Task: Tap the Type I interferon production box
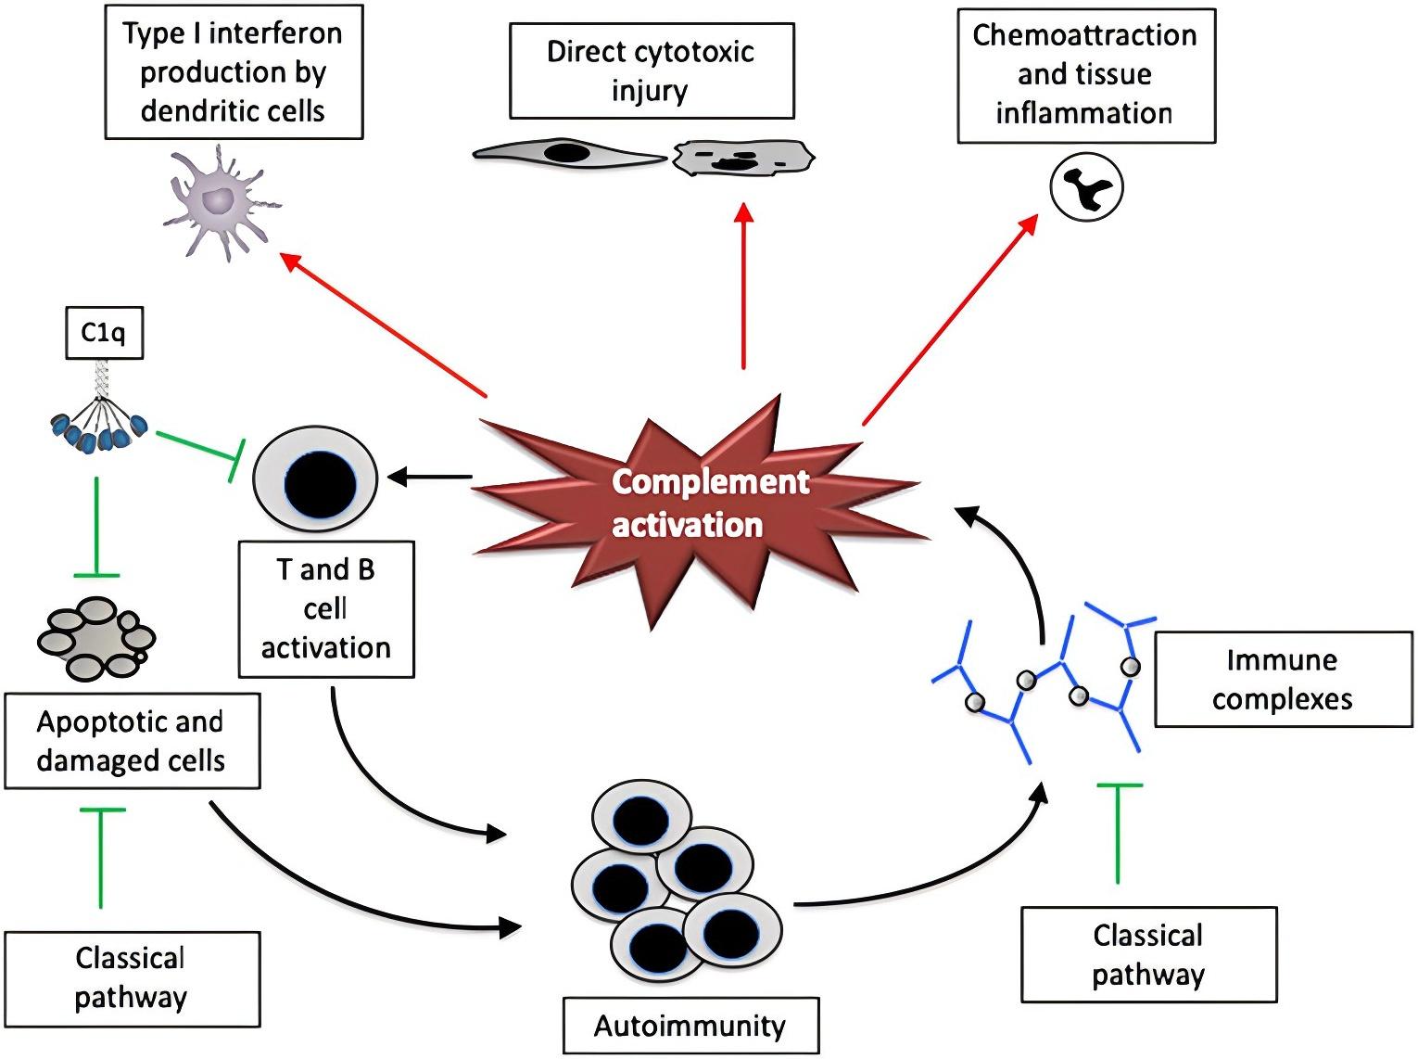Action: [x=234, y=72]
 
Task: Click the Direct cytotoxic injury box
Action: [x=652, y=71]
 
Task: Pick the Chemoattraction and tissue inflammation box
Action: [x=1085, y=75]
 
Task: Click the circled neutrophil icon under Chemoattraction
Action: [x=1086, y=187]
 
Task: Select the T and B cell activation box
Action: [x=325, y=609]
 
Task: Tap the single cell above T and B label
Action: [x=316, y=479]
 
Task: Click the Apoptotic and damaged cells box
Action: [x=132, y=741]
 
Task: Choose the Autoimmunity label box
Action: [x=690, y=1026]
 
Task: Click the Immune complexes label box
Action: [x=1283, y=680]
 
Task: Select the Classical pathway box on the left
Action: [x=132, y=978]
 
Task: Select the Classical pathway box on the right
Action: [x=1148, y=954]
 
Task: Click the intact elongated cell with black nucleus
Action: [x=567, y=154]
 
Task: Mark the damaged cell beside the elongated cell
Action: [x=742, y=158]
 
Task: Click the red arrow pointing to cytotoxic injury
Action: [x=743, y=287]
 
